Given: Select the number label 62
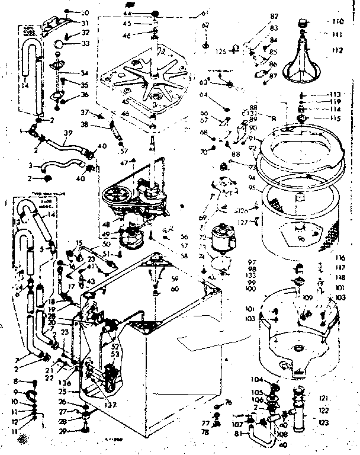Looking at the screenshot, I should (x=205, y=25).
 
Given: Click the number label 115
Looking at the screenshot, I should (x=336, y=118).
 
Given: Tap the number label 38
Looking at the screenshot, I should (x=84, y=125).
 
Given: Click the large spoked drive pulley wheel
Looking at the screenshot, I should (x=117, y=194).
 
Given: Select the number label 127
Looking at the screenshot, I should (x=242, y=223).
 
